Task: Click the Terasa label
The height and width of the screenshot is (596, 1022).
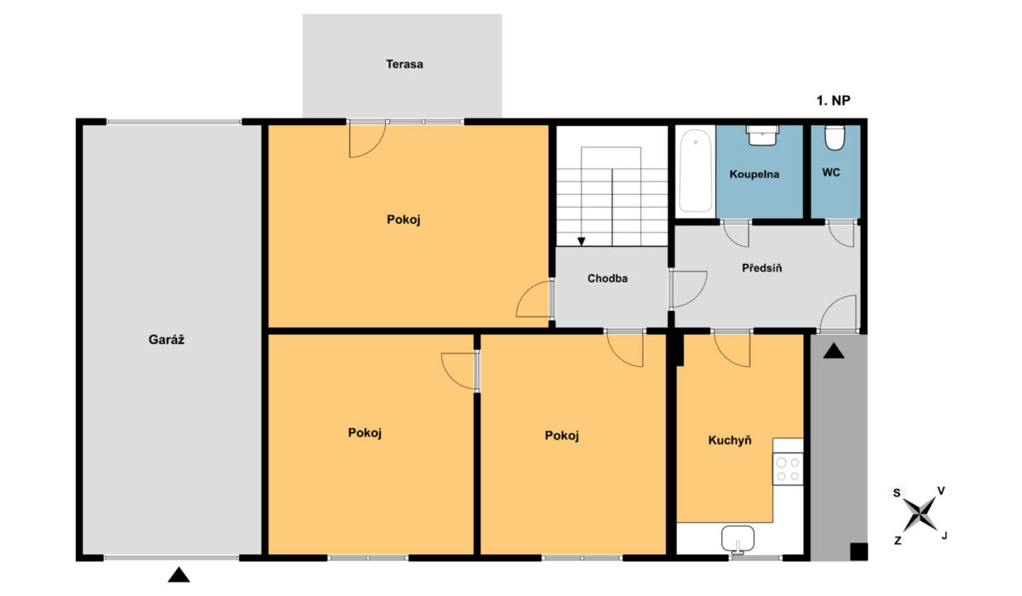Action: pos(405,65)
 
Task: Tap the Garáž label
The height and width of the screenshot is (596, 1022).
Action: pos(167,339)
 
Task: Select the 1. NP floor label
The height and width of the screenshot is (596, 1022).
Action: pos(833,100)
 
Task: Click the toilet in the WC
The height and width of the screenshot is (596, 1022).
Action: pos(835,138)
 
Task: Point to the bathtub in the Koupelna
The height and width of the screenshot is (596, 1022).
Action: pos(695,171)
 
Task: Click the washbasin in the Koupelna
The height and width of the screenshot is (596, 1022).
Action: pos(762,135)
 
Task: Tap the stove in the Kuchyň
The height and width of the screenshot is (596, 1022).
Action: pos(788,469)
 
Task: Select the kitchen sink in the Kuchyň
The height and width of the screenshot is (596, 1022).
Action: pos(738,539)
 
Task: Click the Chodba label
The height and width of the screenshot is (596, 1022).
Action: pos(607,278)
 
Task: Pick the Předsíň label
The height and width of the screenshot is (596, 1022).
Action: pos(761,267)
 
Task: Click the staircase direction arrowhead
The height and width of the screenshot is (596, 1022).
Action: pos(581,241)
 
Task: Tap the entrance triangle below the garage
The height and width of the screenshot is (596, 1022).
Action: pos(179,575)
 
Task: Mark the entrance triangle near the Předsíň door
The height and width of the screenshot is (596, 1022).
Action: pos(834,351)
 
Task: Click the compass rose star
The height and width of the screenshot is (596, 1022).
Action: pos(919,514)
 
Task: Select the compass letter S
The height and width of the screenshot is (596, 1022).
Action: pos(897,493)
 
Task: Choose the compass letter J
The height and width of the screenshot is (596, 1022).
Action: pos(944,536)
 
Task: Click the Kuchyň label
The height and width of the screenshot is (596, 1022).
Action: pos(730,440)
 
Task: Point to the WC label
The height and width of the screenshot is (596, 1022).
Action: pos(831,173)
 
